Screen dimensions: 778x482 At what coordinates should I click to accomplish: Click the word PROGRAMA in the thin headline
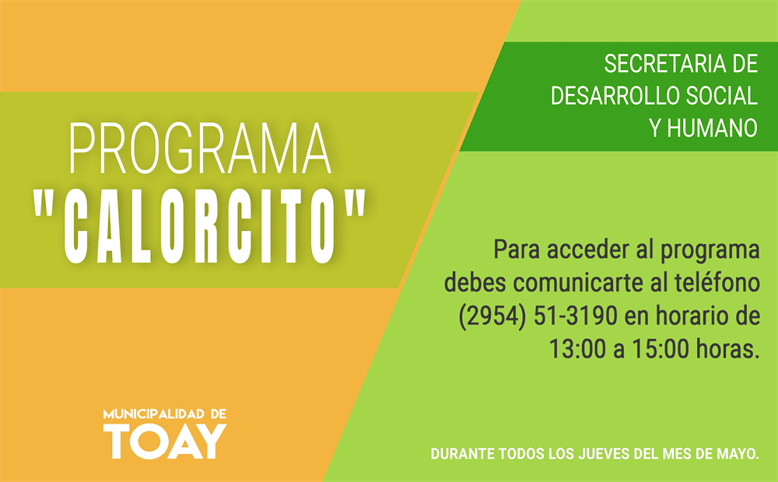click(200, 148)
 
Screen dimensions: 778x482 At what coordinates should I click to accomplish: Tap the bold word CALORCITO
click(200, 226)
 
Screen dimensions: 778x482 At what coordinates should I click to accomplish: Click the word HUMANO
click(712, 128)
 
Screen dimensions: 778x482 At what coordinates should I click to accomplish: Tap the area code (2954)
click(492, 316)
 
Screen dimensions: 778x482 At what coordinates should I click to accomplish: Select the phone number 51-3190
click(576, 316)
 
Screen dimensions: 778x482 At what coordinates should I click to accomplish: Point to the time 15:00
click(661, 348)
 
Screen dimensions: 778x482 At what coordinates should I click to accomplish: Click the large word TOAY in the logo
click(165, 442)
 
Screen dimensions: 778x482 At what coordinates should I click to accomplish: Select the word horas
click(728, 348)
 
